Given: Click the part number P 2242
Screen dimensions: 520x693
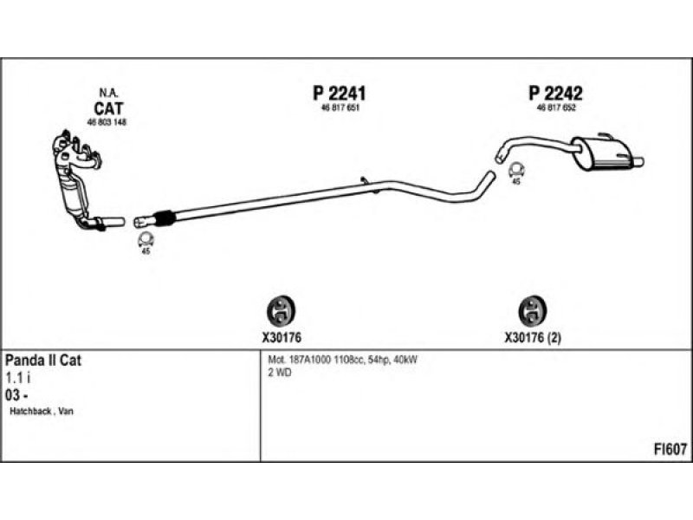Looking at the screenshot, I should pyautogui.click(x=555, y=93).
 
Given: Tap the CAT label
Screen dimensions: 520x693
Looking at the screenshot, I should pyautogui.click(x=108, y=108).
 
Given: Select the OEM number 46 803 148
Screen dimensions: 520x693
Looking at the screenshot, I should pyautogui.click(x=107, y=122).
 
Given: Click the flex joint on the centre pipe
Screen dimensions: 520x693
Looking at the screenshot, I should pyautogui.click(x=162, y=217).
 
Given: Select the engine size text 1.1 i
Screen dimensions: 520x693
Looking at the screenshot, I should pyautogui.click(x=18, y=378).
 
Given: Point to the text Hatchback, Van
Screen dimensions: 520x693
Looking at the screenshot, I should pyautogui.click(x=41, y=411).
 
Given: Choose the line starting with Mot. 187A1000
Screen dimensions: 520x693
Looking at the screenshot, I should pyautogui.click(x=343, y=359).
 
